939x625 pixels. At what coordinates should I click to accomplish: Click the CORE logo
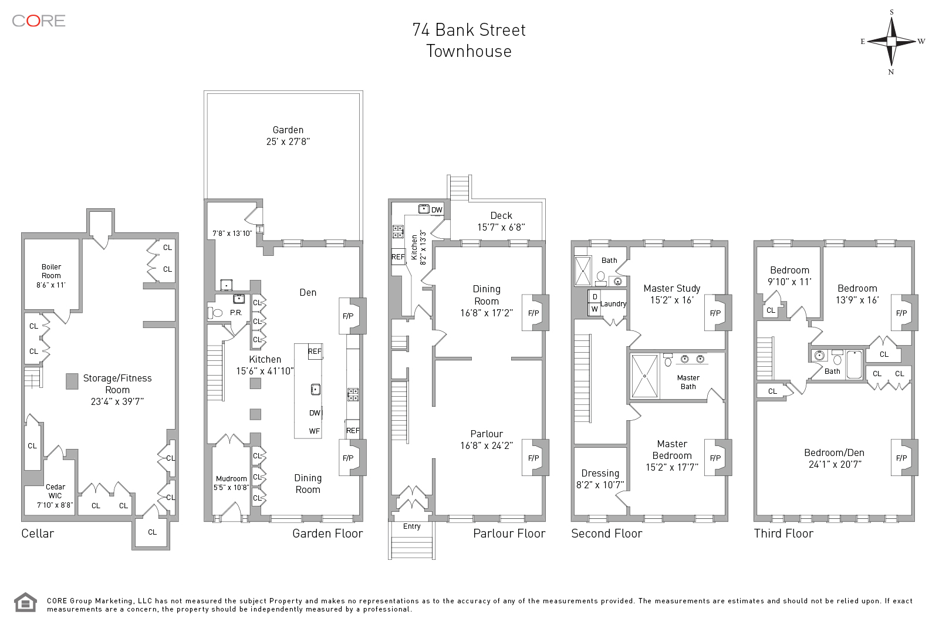[x=39, y=21]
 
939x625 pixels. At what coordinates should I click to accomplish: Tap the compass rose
[x=891, y=42]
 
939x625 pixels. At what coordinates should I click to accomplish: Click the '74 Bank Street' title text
[x=469, y=30]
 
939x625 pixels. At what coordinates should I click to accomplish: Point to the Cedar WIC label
[x=55, y=495]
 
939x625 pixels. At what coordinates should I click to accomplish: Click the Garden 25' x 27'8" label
[x=288, y=136]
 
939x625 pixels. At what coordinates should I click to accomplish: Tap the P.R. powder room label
[x=236, y=313]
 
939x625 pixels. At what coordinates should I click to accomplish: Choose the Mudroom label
[x=231, y=482]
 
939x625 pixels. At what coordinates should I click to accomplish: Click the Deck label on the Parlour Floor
[x=501, y=221]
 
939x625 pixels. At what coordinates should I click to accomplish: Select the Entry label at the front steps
[x=412, y=526]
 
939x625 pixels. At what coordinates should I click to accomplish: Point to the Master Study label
[x=672, y=294]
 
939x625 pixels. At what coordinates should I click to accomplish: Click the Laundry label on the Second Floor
[x=613, y=304]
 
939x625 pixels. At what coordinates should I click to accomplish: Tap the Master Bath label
[x=688, y=382]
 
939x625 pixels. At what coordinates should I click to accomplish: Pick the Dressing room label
[x=600, y=479]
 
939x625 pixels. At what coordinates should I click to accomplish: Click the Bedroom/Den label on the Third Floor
[x=834, y=458]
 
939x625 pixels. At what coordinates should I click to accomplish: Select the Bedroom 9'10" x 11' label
[x=789, y=276]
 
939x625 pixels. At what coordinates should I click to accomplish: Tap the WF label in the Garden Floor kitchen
[x=315, y=431]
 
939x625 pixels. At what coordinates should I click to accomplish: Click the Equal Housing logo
[x=25, y=603]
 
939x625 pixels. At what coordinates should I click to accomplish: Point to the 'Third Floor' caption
[x=783, y=533]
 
